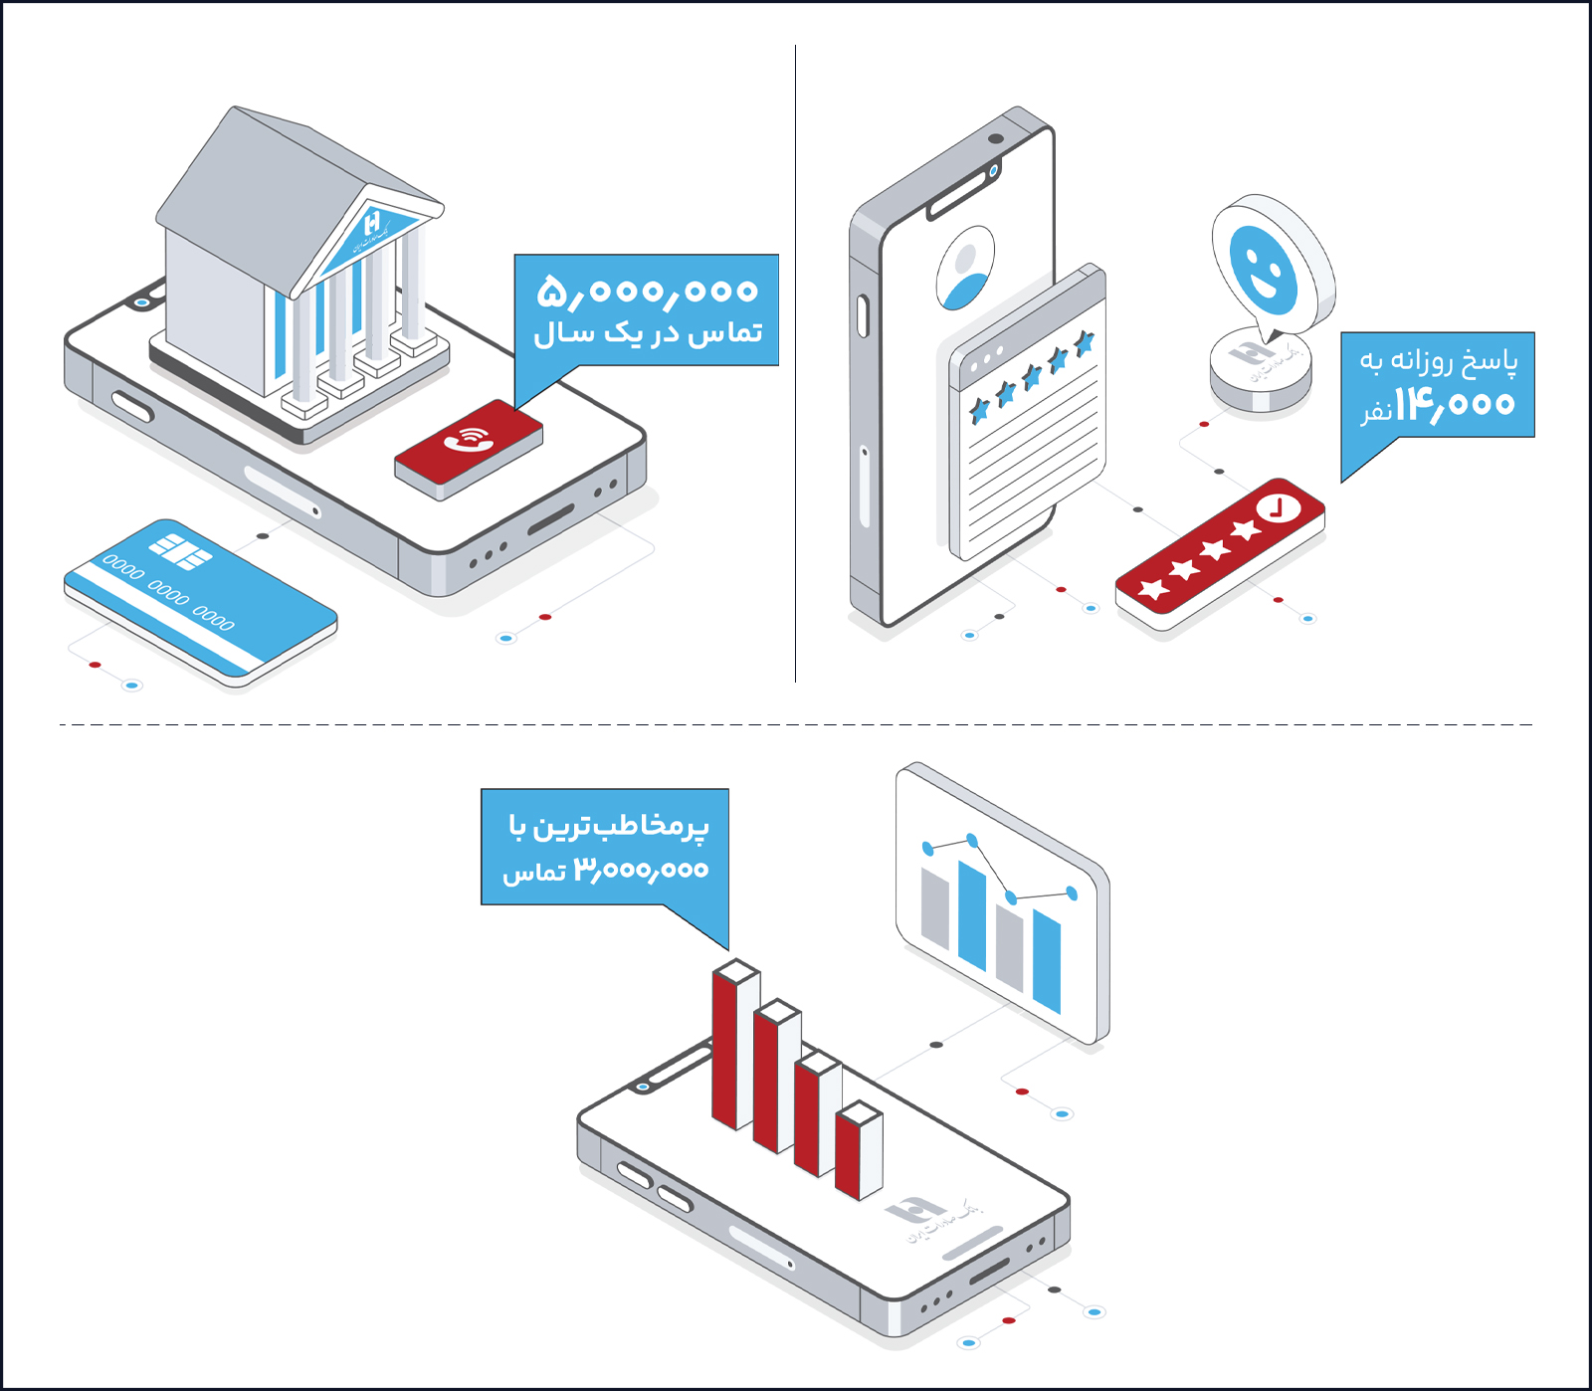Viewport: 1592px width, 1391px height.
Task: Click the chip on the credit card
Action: point(180,551)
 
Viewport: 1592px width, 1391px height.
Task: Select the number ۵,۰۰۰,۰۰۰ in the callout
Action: point(648,292)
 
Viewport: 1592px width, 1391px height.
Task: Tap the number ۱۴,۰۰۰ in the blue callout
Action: point(1454,403)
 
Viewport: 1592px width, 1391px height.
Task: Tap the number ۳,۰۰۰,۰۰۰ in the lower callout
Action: point(642,870)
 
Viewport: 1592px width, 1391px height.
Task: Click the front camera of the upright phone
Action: point(995,138)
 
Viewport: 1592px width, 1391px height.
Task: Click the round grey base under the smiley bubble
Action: point(1260,372)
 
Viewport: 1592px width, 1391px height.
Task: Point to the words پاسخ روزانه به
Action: point(1438,360)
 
